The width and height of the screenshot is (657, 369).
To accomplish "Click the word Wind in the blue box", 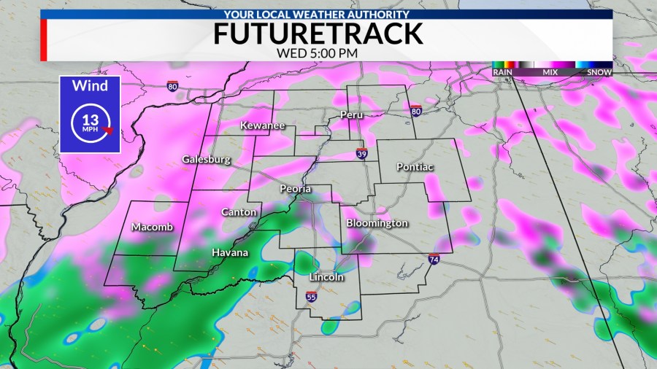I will click(x=89, y=86).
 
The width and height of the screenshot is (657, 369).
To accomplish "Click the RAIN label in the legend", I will click(x=502, y=72).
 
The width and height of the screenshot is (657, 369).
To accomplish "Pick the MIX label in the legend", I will click(x=550, y=72).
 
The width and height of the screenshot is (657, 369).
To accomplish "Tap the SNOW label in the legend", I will click(x=600, y=72).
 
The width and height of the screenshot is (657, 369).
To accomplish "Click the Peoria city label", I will click(x=296, y=190).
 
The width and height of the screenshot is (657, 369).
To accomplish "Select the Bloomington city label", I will click(x=377, y=223).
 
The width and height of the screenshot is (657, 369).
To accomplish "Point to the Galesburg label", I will click(x=207, y=160).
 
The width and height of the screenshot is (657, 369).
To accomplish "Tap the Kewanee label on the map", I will click(x=263, y=126).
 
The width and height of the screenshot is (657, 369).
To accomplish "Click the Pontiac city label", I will click(x=415, y=167).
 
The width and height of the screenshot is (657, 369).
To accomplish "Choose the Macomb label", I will click(x=153, y=228).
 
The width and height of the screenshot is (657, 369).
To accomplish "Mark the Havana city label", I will click(x=230, y=253).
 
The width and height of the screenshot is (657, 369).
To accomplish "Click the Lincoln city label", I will click(x=326, y=277).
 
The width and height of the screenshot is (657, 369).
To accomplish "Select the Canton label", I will click(x=239, y=212).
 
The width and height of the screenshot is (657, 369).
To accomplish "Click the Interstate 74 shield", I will click(x=434, y=260).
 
